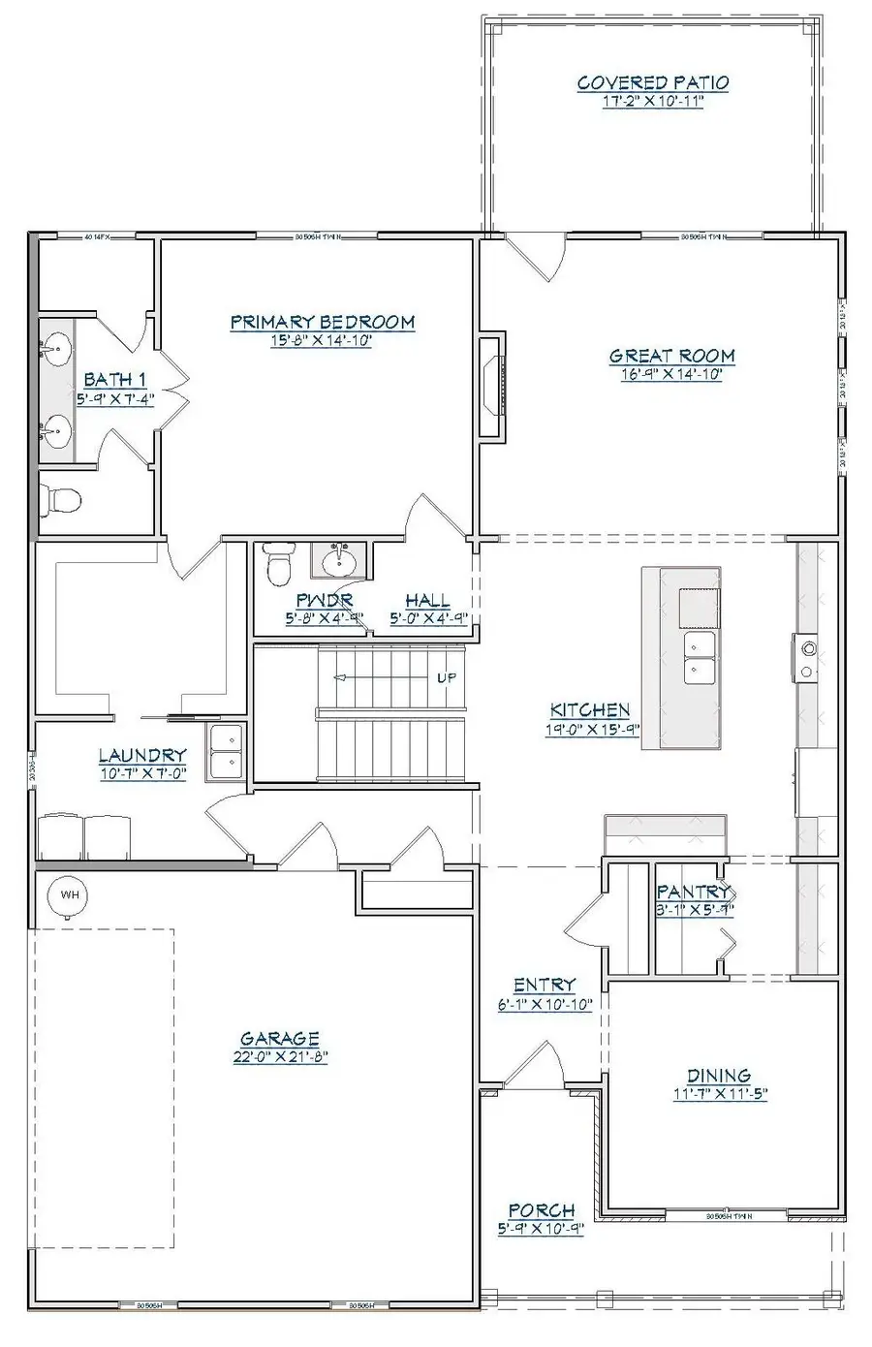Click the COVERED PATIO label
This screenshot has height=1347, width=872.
click(x=652, y=83)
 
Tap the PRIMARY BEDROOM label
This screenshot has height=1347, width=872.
click(x=322, y=322)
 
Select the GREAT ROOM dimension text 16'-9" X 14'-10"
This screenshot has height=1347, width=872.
click(x=671, y=374)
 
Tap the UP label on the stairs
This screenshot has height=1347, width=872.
click(x=447, y=677)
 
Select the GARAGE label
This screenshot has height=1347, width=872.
click(x=280, y=1039)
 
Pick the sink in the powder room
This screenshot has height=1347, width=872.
click(x=338, y=560)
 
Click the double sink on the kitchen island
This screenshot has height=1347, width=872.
click(x=699, y=657)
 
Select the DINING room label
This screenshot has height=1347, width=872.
click(x=718, y=1076)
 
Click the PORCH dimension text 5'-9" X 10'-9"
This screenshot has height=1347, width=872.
click(x=542, y=1229)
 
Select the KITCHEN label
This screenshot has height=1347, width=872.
click(x=590, y=710)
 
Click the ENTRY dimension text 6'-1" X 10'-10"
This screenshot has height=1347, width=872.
click(x=545, y=1005)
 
